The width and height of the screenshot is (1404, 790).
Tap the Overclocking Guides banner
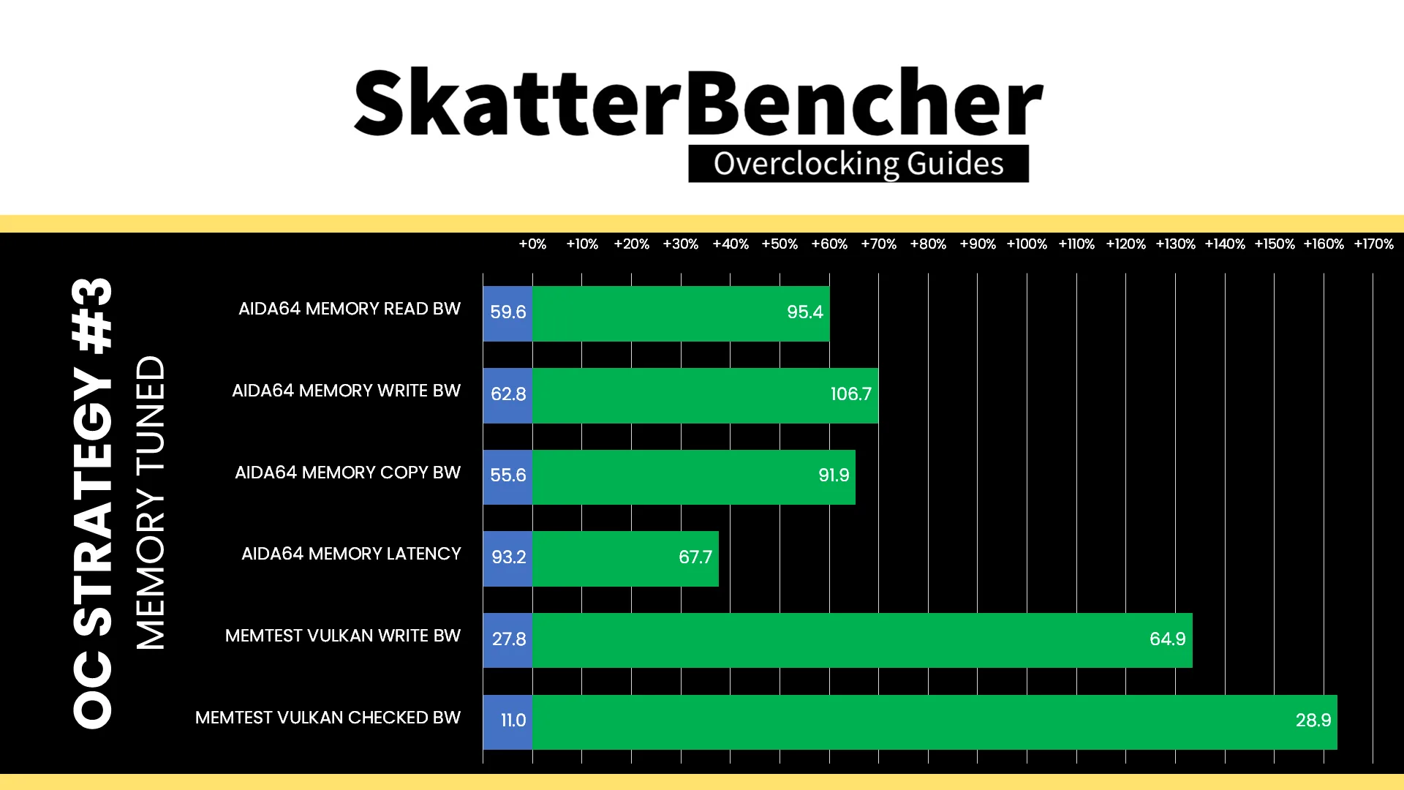coord(858,163)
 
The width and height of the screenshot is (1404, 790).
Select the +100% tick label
coord(1027,244)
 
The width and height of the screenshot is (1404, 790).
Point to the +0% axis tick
coord(532,244)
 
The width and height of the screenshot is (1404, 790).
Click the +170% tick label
coord(1373,244)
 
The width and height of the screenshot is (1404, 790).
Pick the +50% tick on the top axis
coord(780,244)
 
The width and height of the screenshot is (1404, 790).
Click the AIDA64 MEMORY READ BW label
coord(350,309)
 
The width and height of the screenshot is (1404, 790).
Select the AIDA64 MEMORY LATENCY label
coord(351,554)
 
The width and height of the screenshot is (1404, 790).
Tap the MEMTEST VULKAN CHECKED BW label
coord(328,718)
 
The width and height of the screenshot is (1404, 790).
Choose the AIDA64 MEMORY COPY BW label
coord(347,473)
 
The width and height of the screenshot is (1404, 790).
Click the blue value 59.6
coord(507,313)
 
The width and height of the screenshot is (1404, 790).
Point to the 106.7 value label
coord(850,394)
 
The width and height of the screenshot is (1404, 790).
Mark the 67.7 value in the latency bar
coord(695,557)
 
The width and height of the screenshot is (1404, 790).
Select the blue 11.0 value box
coord(507,722)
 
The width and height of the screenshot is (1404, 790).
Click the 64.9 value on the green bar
coord(1167,639)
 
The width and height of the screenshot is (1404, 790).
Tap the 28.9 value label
coord(1313,721)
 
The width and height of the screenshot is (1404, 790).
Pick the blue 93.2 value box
coord(507,558)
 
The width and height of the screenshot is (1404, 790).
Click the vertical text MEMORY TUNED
coord(151,503)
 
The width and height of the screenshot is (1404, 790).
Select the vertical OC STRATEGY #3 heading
coord(93,503)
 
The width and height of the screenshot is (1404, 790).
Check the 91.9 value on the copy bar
coord(834,475)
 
